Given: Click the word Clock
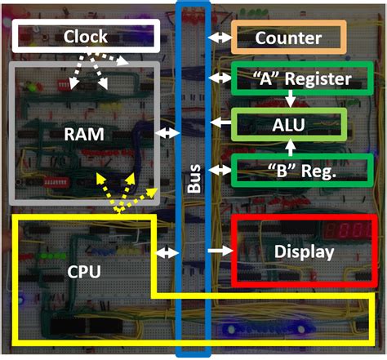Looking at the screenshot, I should [x=85, y=37].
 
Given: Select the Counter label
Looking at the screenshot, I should [x=289, y=38].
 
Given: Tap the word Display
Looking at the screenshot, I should [x=304, y=252].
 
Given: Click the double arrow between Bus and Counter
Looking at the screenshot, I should [x=220, y=38].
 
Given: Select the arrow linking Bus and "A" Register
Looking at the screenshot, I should [x=220, y=78].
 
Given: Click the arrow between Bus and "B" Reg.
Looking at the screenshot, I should [x=220, y=170].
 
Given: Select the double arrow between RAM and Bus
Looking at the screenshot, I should [x=167, y=132].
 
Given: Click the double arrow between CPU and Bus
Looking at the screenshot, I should [x=167, y=254].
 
